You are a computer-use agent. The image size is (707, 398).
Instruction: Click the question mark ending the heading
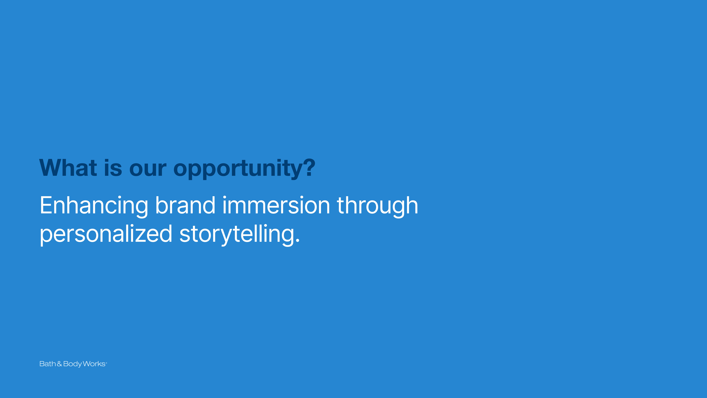coord(310,168)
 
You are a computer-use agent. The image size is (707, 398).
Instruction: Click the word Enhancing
coord(94,206)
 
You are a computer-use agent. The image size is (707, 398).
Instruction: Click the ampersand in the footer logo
coord(59,364)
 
